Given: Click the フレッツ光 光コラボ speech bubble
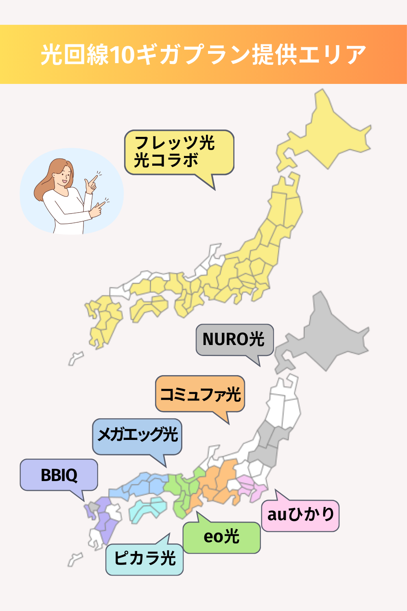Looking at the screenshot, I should [179, 152].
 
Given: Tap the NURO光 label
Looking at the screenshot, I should [234, 339].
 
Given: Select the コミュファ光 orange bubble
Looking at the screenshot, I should [200, 394].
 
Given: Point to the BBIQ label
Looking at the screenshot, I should [59, 475].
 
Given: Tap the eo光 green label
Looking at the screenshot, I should [221, 537].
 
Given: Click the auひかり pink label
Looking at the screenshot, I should [300, 516].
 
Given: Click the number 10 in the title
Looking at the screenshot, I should [122, 55].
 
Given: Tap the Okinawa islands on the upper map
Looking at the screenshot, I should [75, 358].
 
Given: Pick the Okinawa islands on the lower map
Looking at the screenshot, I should [75, 559].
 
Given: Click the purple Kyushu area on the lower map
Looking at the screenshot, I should [104, 519].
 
